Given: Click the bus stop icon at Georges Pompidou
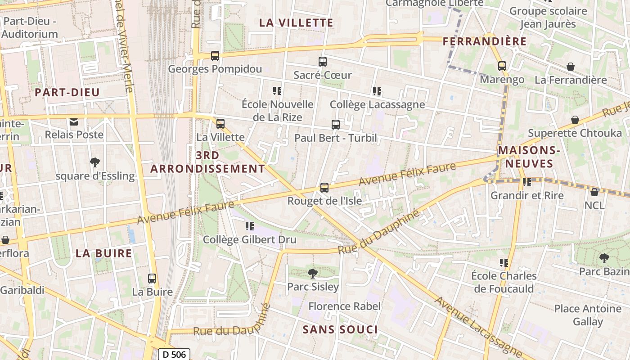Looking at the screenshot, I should (x=215, y=56).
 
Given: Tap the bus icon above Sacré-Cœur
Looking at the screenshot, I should (x=322, y=62).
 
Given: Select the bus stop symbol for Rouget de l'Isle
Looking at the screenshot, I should (x=324, y=188).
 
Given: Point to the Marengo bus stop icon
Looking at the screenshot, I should (x=502, y=66).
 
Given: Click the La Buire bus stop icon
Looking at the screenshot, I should (x=152, y=279).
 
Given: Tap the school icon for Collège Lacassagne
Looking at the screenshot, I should (x=377, y=91).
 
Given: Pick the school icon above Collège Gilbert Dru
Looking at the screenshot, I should (x=249, y=226).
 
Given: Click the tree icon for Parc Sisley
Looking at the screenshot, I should (x=312, y=273).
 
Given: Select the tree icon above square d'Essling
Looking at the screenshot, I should (x=94, y=162).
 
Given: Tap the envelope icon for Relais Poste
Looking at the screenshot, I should (x=74, y=121).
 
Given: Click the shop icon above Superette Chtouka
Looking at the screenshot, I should (x=575, y=120).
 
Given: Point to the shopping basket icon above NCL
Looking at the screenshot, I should (x=594, y=192).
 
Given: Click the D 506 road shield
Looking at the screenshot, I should (x=174, y=354).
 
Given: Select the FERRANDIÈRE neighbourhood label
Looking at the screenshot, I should (x=485, y=41).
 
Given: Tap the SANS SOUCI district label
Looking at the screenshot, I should (x=340, y=329).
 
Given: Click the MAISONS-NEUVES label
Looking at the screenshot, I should (x=529, y=156).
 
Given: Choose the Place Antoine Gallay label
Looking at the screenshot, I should (x=588, y=315).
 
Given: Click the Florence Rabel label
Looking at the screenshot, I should (x=345, y=306).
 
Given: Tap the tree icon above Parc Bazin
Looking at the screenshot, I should (x=603, y=258).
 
